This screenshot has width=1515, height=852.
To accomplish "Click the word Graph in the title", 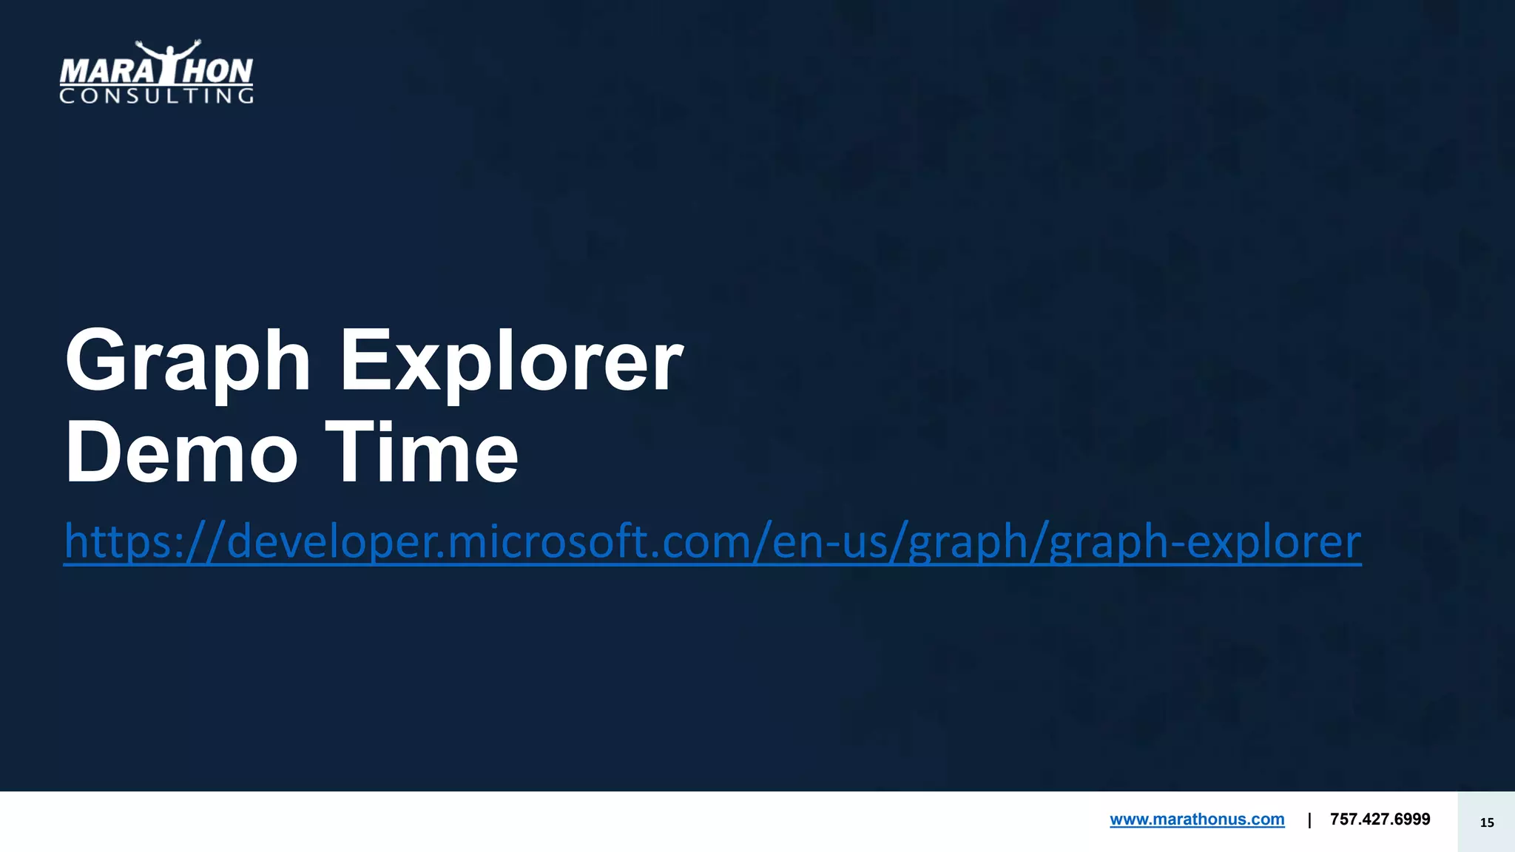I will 188,362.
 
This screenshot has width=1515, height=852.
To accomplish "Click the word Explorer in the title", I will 510,362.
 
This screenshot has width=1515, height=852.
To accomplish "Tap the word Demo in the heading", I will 181,453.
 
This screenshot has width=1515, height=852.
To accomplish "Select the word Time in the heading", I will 422,453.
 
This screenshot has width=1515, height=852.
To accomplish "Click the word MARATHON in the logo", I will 156,72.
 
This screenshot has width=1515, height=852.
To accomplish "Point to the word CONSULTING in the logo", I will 156,96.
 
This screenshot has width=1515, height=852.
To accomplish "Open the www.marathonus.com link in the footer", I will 1197,819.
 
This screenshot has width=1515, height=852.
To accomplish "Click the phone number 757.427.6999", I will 1380,819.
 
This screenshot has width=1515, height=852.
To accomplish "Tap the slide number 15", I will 1487,822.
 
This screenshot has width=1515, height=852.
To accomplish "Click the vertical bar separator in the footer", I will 1309,819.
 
